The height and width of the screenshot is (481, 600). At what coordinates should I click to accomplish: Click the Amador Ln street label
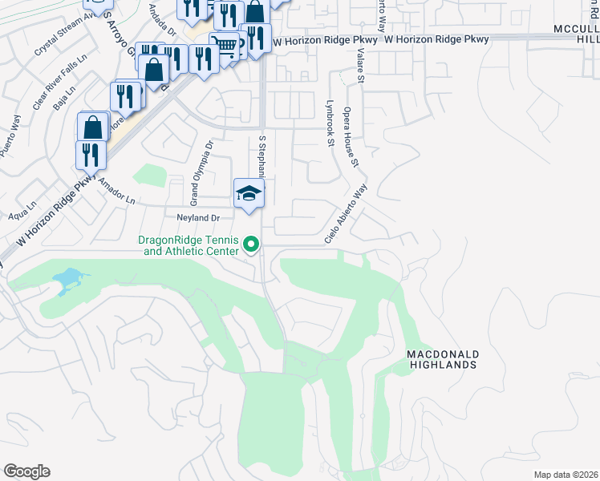pyautogui.click(x=118, y=191)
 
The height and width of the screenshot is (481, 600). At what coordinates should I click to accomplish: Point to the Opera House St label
pyautogui.click(x=350, y=136)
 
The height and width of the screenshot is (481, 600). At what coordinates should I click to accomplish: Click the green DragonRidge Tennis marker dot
pyautogui.click(x=250, y=245)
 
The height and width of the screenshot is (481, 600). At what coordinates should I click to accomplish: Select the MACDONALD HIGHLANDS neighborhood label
pyautogui.click(x=442, y=358)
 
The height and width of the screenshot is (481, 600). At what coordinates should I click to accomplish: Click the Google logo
pyautogui.click(x=27, y=471)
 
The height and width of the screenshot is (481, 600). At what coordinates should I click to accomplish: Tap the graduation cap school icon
pyautogui.click(x=249, y=193)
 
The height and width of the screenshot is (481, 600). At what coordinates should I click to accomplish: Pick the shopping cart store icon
pyautogui.click(x=226, y=46)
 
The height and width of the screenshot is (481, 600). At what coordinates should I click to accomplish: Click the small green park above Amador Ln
pyautogui.click(x=148, y=175)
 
